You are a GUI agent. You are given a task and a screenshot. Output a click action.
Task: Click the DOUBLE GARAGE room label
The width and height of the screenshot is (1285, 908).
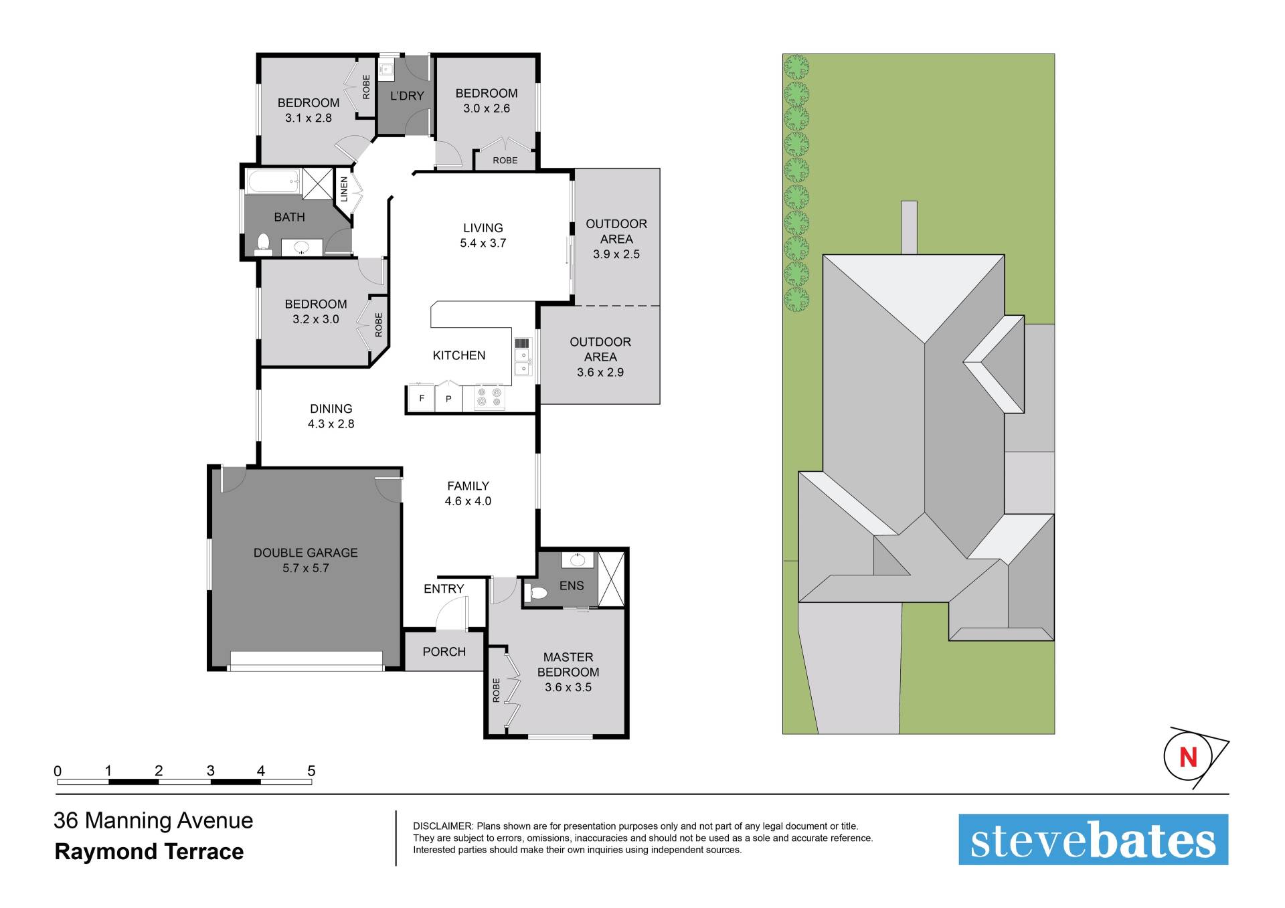pyautogui.click(x=305, y=553)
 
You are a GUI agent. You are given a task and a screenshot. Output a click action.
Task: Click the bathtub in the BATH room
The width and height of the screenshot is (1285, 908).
pyautogui.click(x=273, y=181)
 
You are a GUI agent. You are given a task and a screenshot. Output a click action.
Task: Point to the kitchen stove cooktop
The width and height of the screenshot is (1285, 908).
pyautogui.click(x=489, y=397)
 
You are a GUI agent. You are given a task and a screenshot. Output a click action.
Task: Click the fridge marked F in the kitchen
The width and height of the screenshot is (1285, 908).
pyautogui.click(x=422, y=398)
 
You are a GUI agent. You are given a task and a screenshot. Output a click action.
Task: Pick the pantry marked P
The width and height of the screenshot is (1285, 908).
pyautogui.click(x=448, y=399)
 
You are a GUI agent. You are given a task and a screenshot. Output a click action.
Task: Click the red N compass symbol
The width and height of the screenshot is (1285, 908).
pyautogui.click(x=1188, y=757)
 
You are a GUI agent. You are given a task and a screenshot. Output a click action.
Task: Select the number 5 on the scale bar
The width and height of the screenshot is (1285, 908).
pyautogui.click(x=311, y=771)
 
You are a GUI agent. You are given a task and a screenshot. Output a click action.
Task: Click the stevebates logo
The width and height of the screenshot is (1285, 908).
pyautogui.click(x=1093, y=840)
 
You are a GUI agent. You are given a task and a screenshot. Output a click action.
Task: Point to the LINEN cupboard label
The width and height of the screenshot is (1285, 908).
pyautogui.click(x=344, y=189)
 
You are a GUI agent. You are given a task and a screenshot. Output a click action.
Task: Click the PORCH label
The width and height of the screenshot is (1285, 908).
pyautogui.click(x=444, y=652)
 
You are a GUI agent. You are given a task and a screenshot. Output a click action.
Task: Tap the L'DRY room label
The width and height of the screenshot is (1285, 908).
pyautogui.click(x=407, y=96)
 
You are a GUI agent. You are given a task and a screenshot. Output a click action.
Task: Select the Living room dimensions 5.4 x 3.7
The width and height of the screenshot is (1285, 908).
pyautogui.click(x=483, y=243)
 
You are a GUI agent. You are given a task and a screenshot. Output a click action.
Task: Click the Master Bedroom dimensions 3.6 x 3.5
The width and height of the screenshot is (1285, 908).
pyautogui.click(x=568, y=687)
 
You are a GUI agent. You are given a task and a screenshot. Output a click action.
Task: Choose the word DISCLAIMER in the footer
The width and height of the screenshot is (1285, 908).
pyautogui.click(x=443, y=826)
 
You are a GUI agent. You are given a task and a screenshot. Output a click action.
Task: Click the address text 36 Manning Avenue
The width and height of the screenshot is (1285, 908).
pyautogui.click(x=153, y=820)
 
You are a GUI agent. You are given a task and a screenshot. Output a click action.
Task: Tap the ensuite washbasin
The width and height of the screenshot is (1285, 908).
pyautogui.click(x=578, y=559)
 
